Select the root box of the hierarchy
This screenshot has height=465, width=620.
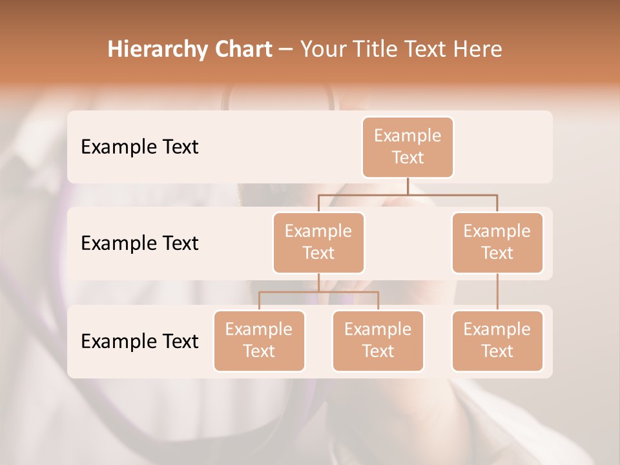(408, 147)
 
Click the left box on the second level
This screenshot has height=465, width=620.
(318, 243)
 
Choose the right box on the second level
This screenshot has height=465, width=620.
(497, 243)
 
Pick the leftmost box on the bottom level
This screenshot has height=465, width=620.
(259, 341)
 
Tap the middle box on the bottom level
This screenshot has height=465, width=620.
(378, 341)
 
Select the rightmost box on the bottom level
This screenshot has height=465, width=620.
(497, 341)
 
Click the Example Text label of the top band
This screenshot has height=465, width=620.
(139, 147)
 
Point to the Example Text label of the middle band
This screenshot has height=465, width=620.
(139, 243)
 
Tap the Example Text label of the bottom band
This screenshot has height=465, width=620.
(139, 341)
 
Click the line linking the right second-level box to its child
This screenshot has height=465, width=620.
(497, 292)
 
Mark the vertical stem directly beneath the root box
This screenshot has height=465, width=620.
(408, 186)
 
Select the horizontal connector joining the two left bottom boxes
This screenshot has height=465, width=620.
(318, 292)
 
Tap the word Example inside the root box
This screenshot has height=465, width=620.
(408, 136)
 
